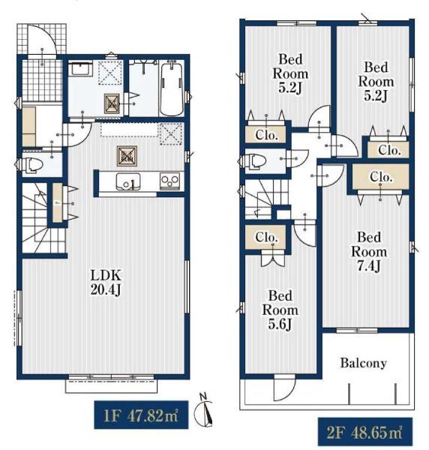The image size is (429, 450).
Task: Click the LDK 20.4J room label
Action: tap(106, 283)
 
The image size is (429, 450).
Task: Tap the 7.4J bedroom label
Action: tap(369, 252)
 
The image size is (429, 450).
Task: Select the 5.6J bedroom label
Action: tap(280, 310)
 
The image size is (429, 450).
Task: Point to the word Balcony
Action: tap(363, 363)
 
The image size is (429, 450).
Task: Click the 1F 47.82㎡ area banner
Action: tap(141, 415)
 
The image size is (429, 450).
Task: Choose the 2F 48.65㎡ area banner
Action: tap(365, 432)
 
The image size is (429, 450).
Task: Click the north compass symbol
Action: tap(204, 410)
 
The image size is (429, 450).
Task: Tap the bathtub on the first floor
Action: tap(171, 88)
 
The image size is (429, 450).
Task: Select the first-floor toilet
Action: tap(31, 165)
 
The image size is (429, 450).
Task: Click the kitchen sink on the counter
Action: tap(128, 181)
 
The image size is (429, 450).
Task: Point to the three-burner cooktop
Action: tap(170, 181)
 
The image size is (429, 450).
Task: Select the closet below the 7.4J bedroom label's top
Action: tap(380, 176)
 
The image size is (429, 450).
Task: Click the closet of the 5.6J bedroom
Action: tap(266, 237)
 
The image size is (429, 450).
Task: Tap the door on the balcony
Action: tap(284, 388)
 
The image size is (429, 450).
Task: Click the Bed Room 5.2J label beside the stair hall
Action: tap(290, 74)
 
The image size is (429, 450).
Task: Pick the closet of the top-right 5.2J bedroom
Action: tap(388, 149)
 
